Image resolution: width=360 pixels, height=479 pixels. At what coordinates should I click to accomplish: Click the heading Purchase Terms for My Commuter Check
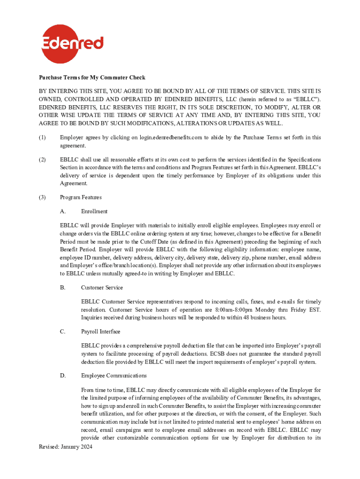point(92,78)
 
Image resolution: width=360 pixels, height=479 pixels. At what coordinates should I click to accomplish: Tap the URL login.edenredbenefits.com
point(171,138)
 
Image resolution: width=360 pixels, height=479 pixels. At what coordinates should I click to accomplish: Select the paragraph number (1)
point(43,138)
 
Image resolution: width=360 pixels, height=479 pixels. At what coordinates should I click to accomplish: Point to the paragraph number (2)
point(43,160)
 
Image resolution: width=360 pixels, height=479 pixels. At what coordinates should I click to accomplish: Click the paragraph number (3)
point(43,197)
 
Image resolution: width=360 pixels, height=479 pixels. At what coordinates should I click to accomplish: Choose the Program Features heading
point(80,197)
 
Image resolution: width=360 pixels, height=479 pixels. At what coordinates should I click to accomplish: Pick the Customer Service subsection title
point(102,287)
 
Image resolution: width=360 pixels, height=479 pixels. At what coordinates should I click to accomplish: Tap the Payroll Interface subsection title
point(101,332)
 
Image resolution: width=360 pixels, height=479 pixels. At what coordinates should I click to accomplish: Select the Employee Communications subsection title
point(114,376)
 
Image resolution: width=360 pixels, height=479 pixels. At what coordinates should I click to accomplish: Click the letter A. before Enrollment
point(63,211)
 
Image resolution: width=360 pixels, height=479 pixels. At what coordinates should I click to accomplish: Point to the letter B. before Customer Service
point(63,287)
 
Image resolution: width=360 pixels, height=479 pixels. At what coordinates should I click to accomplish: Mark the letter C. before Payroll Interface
point(63,332)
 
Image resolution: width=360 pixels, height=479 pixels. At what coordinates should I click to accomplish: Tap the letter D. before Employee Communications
point(63,376)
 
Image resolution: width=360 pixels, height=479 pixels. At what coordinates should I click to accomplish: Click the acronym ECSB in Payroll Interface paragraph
point(239,354)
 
